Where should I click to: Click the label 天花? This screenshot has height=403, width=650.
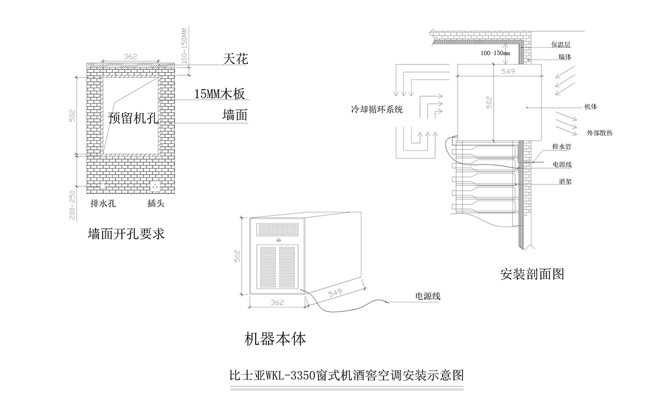tap(235, 59)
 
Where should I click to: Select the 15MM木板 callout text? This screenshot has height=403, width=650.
tap(219, 95)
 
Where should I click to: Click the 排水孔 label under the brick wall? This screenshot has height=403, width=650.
tap(103, 204)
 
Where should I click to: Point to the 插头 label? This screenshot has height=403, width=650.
tap(156, 204)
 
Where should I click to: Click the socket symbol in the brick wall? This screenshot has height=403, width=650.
tap(156, 187)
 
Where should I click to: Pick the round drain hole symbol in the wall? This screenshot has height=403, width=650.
tap(103, 187)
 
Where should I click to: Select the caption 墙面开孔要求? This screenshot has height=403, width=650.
tap(126, 234)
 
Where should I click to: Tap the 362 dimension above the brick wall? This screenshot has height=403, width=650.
tap(130, 56)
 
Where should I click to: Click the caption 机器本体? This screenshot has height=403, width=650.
tap(275, 339)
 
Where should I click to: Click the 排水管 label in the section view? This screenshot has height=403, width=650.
tap(561, 146)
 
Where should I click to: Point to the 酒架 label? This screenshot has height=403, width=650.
tap(565, 182)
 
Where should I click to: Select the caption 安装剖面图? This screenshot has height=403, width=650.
tap(532, 275)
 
